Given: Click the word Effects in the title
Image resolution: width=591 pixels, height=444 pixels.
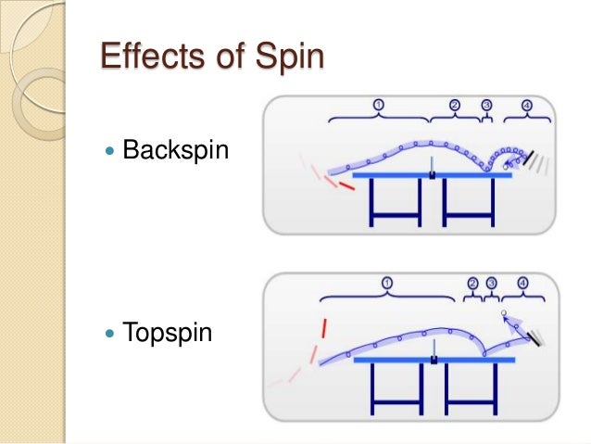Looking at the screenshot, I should (151, 58).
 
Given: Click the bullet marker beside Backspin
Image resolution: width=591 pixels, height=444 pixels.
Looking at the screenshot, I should (111, 148).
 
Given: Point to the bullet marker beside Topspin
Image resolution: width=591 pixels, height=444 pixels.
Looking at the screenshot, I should (111, 332).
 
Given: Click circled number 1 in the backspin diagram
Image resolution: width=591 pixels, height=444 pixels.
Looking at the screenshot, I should (378, 105).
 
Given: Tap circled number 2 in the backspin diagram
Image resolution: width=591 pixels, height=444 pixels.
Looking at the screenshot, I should (454, 105).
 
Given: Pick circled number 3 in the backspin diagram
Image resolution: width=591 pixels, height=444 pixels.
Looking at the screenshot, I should (487, 105).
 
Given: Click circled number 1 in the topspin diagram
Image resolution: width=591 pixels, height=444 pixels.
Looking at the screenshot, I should (386, 282).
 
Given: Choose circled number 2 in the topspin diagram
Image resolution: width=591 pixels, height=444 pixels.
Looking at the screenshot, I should (472, 282).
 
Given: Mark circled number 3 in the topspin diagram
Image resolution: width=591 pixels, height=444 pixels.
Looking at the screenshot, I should (491, 282).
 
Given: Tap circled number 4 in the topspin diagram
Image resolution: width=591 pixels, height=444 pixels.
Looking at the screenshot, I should (523, 282).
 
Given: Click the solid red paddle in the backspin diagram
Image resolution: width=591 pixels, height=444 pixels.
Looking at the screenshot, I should (345, 186).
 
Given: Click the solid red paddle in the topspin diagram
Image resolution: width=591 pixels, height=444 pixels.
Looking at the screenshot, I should (323, 327).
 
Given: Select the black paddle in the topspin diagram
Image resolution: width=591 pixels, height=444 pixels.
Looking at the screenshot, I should (535, 339).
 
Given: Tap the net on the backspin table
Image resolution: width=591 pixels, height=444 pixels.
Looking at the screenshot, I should (432, 168).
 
